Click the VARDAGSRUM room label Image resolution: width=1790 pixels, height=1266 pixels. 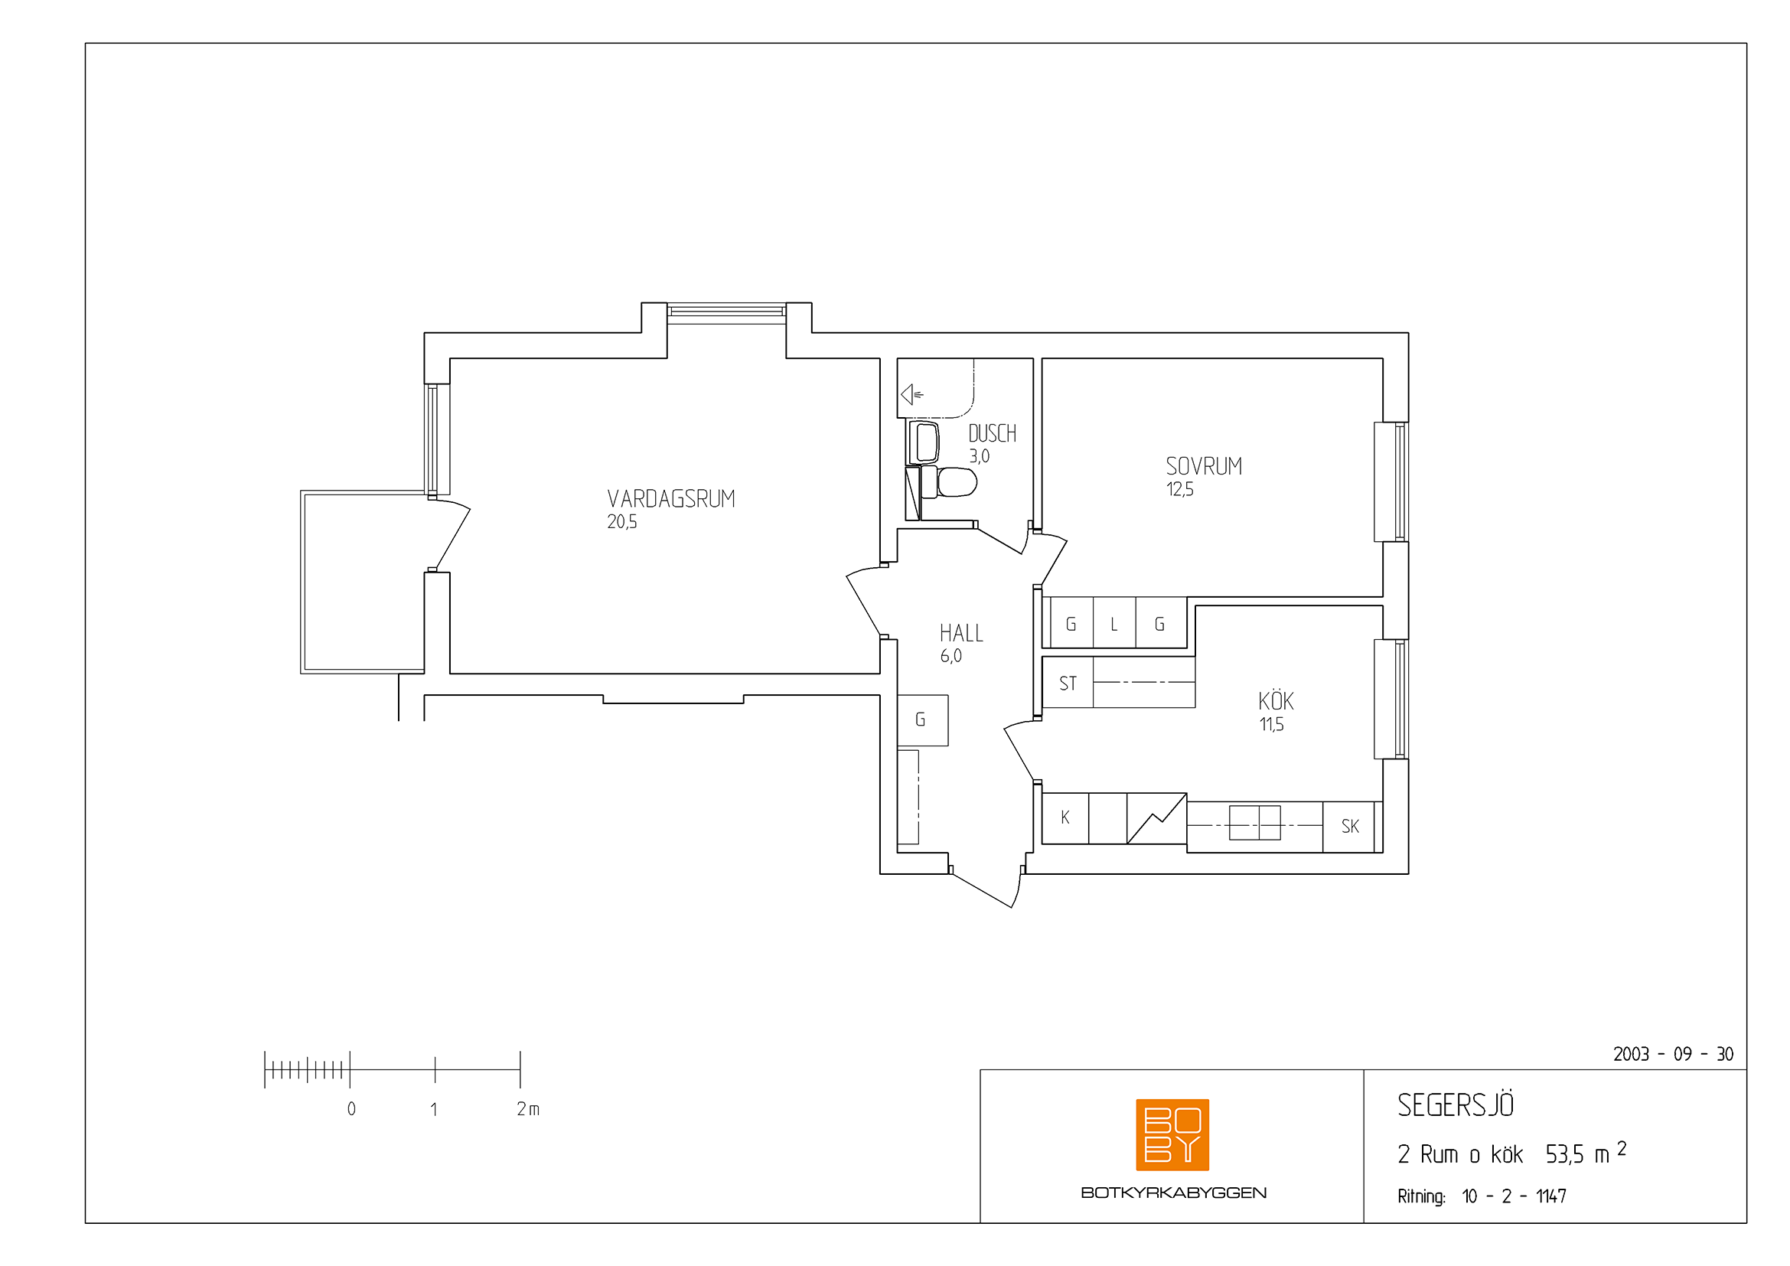pyautogui.click(x=671, y=499)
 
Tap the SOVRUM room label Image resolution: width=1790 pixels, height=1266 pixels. pyautogui.click(x=1204, y=466)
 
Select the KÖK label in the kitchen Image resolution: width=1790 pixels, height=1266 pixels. pyautogui.click(x=1276, y=700)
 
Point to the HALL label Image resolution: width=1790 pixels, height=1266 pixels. pyautogui.click(x=961, y=633)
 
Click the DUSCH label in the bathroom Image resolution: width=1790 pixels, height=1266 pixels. pyautogui.click(x=993, y=433)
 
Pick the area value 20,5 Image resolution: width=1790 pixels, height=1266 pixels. pyautogui.click(x=622, y=522)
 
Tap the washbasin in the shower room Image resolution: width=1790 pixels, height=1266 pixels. pyautogui.click(x=924, y=442)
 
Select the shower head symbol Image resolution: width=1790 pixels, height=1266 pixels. pyautogui.click(x=911, y=394)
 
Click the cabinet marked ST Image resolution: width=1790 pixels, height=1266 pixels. pyautogui.click(x=1068, y=682)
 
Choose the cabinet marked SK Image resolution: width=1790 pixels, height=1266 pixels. pyautogui.click(x=1350, y=827)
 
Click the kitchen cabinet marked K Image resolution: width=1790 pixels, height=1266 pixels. pyautogui.click(x=1065, y=817)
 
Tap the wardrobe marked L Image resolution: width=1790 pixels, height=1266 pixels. pyautogui.click(x=1114, y=623)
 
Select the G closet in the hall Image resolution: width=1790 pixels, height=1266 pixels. pyautogui.click(x=922, y=720)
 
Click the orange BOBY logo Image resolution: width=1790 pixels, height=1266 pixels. pyautogui.click(x=1172, y=1134)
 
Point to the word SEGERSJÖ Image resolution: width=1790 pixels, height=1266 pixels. pyautogui.click(x=1456, y=1104)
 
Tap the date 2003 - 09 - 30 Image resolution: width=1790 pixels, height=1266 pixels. pyautogui.click(x=1673, y=1054)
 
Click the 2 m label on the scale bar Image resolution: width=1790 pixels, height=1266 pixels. pyautogui.click(x=528, y=1108)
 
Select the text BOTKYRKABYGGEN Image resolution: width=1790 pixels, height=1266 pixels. pyautogui.click(x=1173, y=1193)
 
